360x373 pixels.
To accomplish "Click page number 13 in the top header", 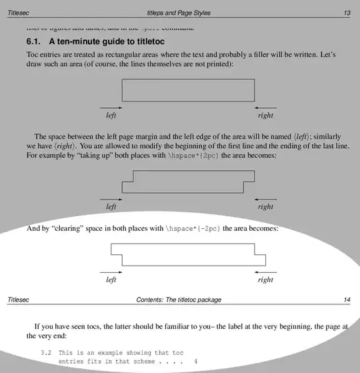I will pyautogui.click(x=347, y=13).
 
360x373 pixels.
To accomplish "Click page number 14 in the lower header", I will pyautogui.click(x=347, y=300).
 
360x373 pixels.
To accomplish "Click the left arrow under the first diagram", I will pyautogui.click(x=111, y=107).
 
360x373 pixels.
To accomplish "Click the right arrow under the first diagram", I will pyautogui.click(x=265, y=107).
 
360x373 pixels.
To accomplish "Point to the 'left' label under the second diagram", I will pyautogui.click(x=111, y=207).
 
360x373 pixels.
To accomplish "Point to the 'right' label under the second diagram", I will pyautogui.click(x=265, y=207).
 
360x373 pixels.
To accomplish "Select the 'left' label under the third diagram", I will pyautogui.click(x=111, y=280).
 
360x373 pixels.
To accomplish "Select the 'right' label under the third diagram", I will pyautogui.click(x=265, y=280).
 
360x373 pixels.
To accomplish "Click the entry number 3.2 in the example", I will pyautogui.click(x=46, y=352).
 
